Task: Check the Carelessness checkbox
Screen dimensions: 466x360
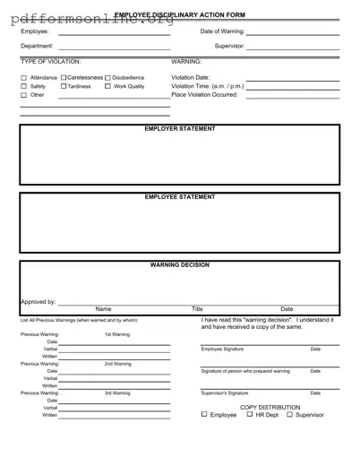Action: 63,78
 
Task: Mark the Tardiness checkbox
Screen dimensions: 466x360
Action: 64,86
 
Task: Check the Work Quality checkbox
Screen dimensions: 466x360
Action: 107,86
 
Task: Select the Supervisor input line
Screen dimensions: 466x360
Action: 292,48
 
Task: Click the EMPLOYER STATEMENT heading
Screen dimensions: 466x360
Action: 180,129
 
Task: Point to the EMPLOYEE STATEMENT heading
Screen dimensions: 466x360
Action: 180,197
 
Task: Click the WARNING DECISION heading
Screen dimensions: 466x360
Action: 180,265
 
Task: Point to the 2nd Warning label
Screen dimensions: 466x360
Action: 116,364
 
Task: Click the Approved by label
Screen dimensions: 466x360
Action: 39,302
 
